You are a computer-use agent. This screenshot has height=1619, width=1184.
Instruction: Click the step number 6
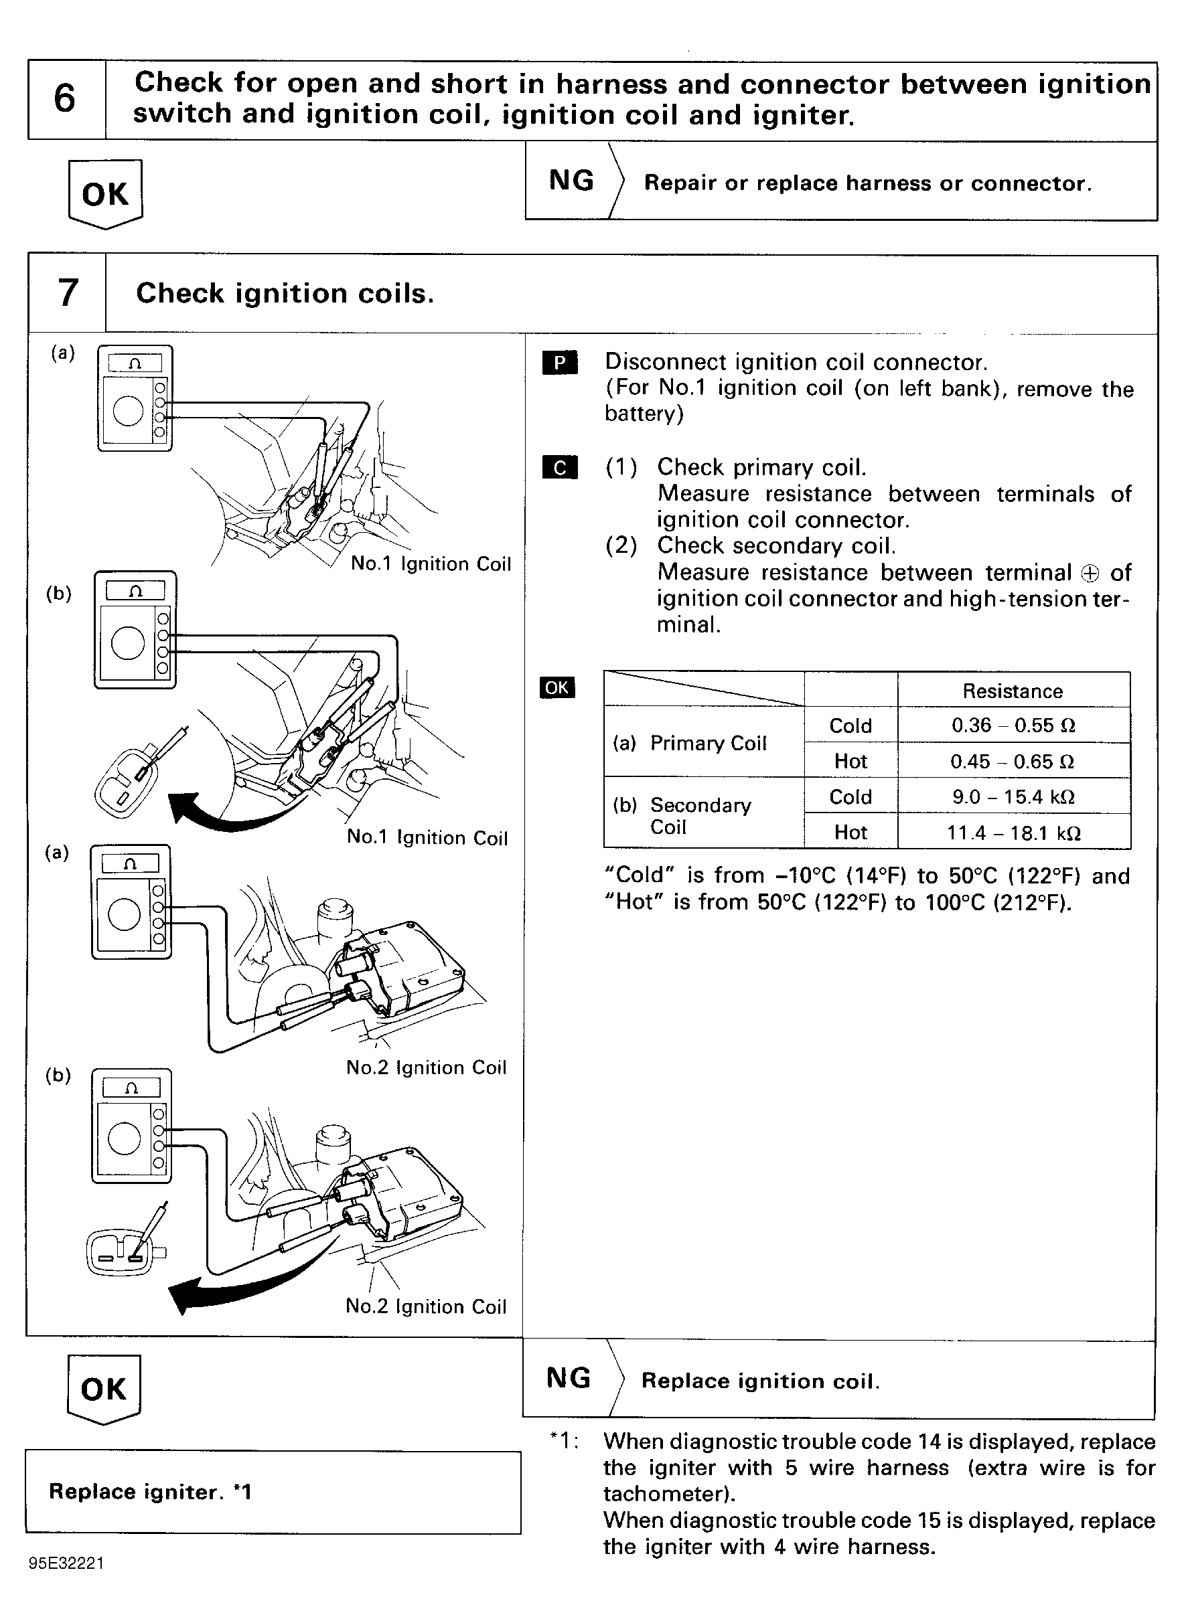click(x=64, y=99)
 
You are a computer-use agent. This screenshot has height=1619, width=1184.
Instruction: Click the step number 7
click(x=68, y=293)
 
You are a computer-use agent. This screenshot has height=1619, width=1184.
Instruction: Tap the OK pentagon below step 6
click(x=105, y=194)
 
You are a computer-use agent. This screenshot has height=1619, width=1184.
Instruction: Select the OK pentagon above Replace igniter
click(x=104, y=1389)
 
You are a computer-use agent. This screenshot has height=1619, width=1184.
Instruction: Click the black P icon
click(x=560, y=363)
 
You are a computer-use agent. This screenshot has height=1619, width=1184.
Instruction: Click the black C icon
click(x=560, y=468)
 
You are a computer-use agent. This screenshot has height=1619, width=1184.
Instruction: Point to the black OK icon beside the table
click(x=557, y=688)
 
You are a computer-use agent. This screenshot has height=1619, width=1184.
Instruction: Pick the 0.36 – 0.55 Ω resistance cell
click(x=1013, y=725)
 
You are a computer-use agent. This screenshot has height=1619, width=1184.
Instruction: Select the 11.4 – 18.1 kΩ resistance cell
click(x=1013, y=833)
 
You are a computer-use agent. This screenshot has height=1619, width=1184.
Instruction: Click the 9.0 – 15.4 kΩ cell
click(x=1013, y=796)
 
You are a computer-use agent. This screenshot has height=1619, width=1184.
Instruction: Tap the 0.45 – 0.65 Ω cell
click(x=1013, y=761)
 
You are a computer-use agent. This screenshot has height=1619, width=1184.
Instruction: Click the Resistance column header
click(x=1012, y=691)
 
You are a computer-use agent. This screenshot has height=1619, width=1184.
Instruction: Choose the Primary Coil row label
click(x=690, y=743)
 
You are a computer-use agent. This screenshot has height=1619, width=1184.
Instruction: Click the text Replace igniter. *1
click(x=150, y=1491)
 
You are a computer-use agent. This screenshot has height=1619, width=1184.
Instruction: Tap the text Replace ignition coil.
click(x=759, y=1381)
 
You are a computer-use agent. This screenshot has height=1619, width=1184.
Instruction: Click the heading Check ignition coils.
click(x=285, y=294)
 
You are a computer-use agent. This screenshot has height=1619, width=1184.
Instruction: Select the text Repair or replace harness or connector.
click(x=867, y=183)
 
